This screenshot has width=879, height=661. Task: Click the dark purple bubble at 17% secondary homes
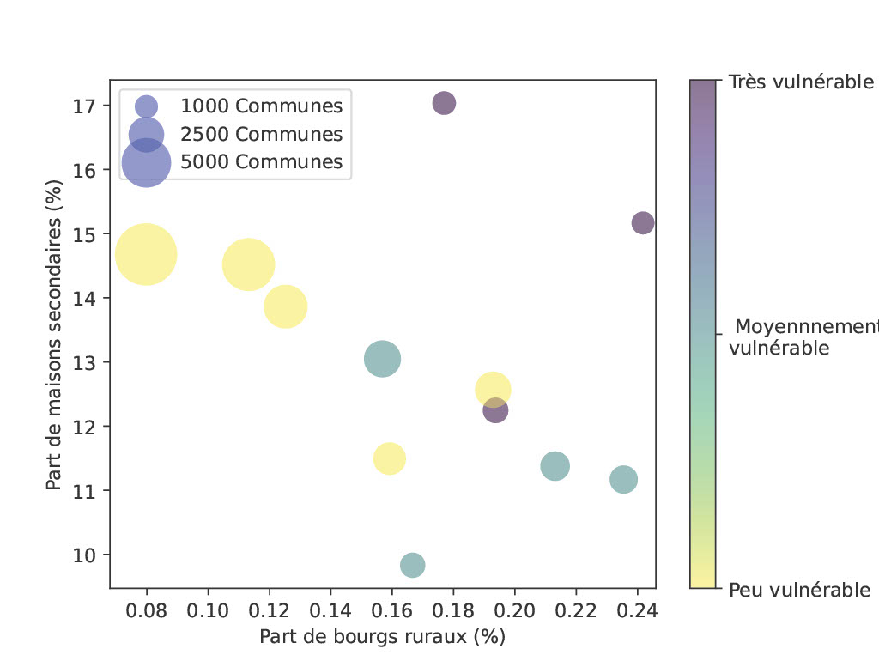coord(444,103)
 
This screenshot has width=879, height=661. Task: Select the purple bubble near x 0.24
coord(643,222)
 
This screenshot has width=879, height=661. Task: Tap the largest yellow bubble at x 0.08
coord(146,254)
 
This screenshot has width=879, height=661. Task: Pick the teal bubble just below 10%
coord(413,565)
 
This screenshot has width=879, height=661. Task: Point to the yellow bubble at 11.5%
coord(390,458)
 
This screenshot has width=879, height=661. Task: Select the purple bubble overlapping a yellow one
coord(495,410)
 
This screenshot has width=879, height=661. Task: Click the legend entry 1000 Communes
coord(261,106)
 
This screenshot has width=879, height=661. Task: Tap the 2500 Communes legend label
coord(261,134)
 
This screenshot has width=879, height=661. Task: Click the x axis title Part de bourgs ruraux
coord(382,637)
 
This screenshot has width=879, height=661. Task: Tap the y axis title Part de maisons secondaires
coord(54,335)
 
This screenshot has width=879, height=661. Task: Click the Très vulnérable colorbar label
coord(801,82)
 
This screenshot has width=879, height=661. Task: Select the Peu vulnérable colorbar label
coord(799,590)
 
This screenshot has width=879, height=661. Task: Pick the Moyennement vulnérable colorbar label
coord(803,337)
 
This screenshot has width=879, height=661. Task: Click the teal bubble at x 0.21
coord(555,466)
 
